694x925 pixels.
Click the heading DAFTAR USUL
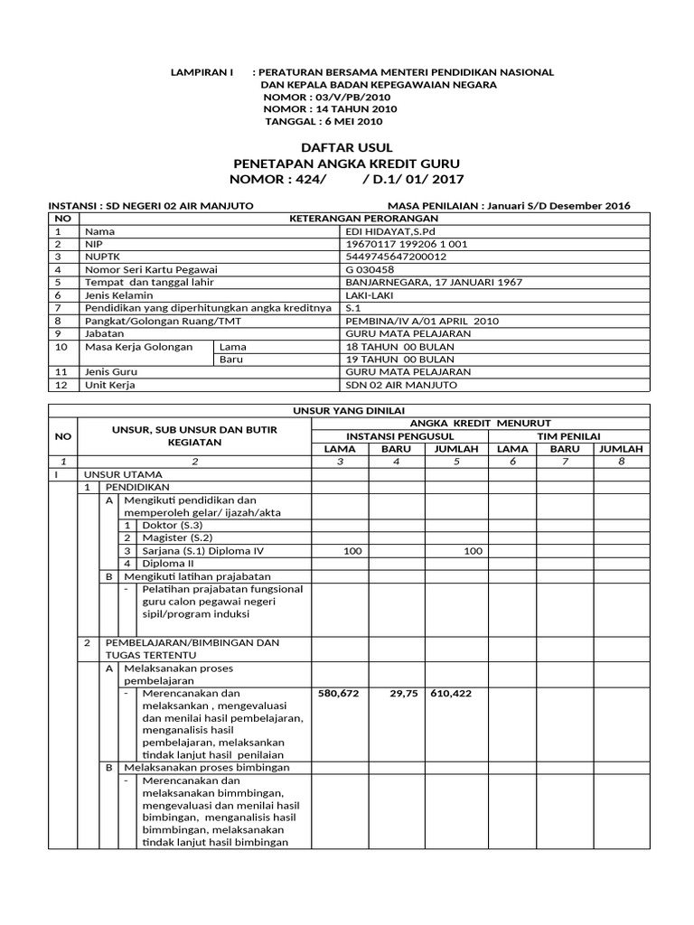(x=346, y=146)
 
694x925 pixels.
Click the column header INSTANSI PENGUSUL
(x=399, y=436)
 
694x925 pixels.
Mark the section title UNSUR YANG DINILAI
(x=346, y=411)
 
